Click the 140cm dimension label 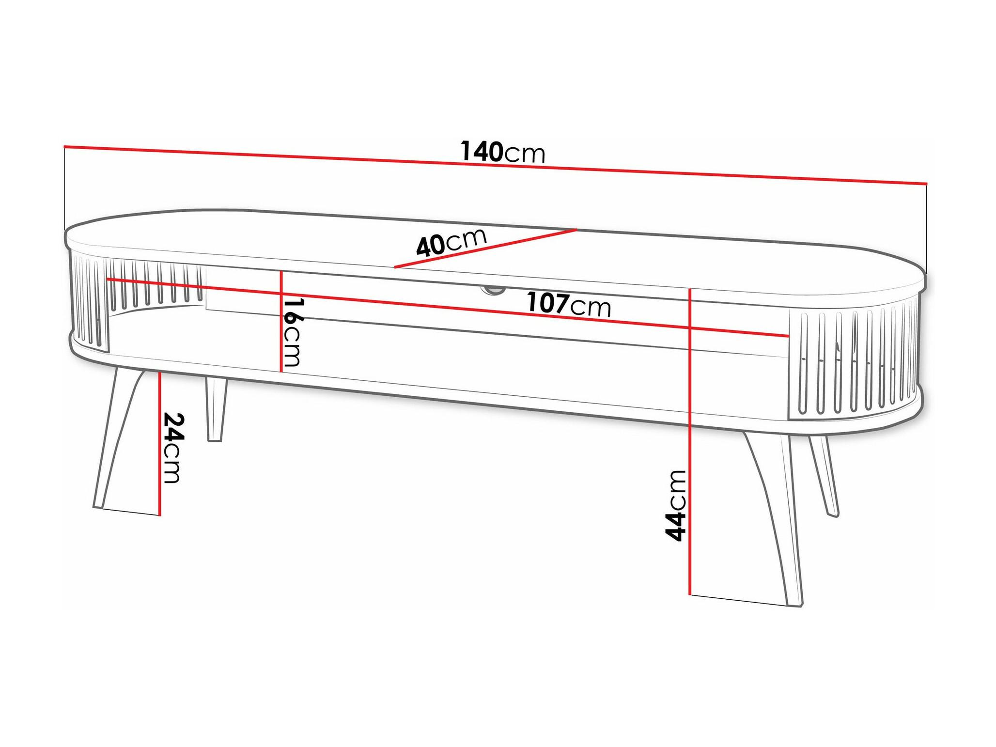(x=502, y=152)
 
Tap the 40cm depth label (x=451, y=241)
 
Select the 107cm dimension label (x=569, y=304)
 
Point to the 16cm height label (x=293, y=332)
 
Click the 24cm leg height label (x=172, y=448)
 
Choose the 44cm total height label (x=676, y=505)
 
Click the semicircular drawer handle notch (x=492, y=290)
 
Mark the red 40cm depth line (x=485, y=248)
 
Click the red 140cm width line (x=495, y=165)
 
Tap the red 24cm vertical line (x=160, y=444)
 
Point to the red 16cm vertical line (x=281, y=321)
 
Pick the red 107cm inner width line (x=448, y=307)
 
